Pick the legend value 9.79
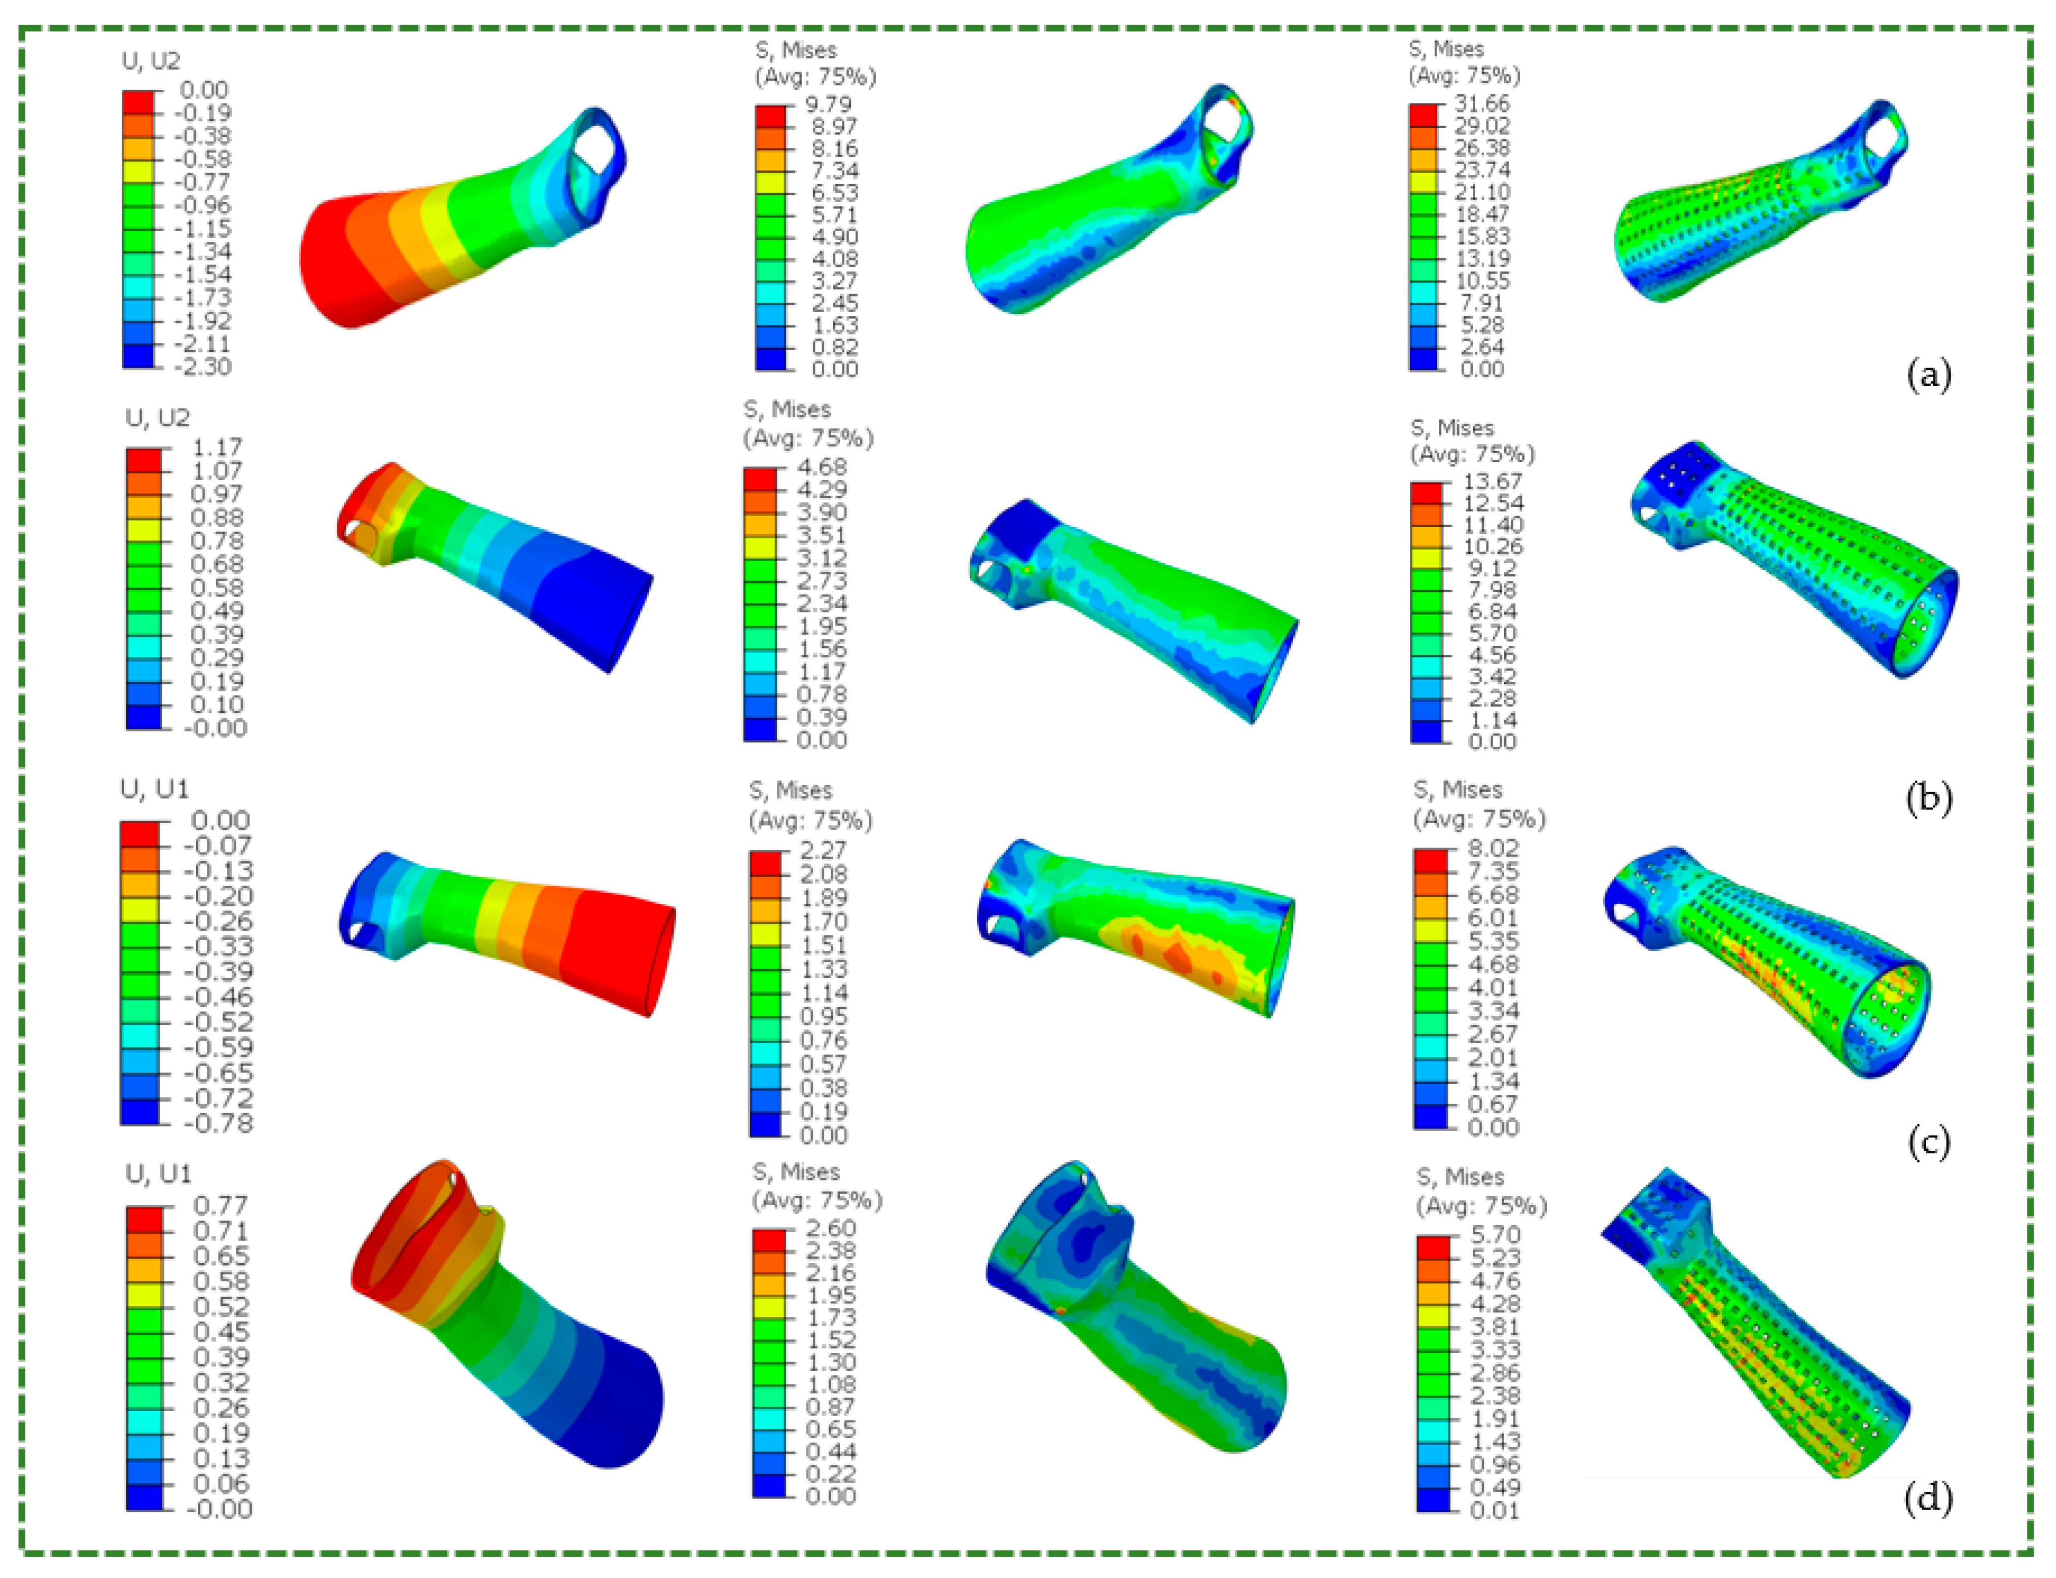829,103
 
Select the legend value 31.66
1482,103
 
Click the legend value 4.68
822,467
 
